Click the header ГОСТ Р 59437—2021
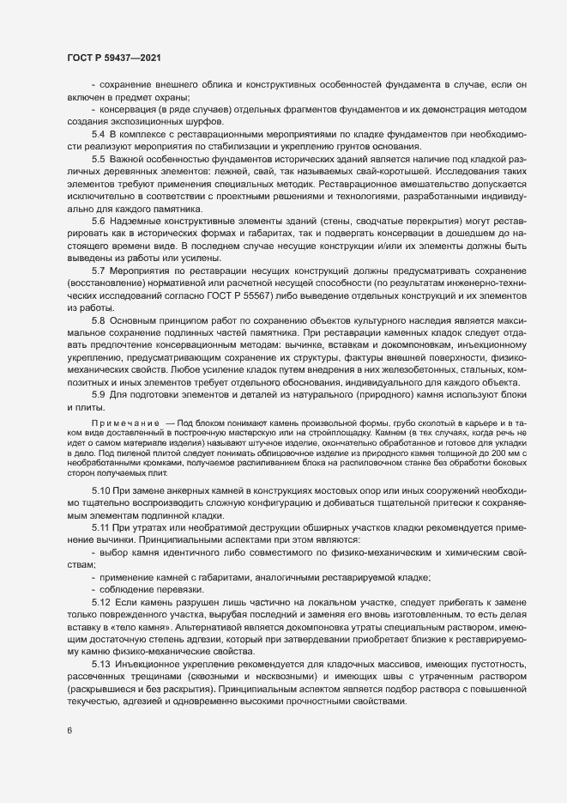112,58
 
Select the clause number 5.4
98,137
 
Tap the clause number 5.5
98,160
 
